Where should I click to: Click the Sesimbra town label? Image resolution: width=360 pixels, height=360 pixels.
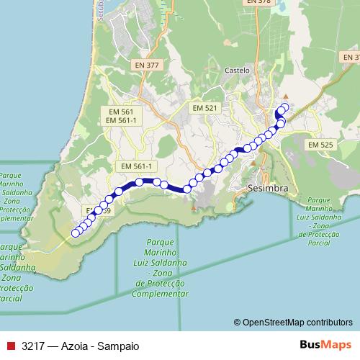(x=267, y=189)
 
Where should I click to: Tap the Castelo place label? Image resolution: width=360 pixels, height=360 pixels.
(x=237, y=71)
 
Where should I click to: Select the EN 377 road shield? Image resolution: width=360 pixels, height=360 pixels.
(x=146, y=66)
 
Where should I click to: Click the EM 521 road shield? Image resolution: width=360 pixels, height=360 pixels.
(x=205, y=107)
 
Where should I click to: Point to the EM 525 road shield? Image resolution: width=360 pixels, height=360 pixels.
(x=321, y=145)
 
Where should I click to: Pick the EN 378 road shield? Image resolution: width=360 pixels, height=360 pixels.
(x=258, y=2)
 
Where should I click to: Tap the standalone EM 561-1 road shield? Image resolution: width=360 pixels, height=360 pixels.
(x=136, y=166)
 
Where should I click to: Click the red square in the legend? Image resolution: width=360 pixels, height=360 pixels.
(x=10, y=346)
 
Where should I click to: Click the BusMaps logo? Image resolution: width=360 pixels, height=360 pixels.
(x=325, y=345)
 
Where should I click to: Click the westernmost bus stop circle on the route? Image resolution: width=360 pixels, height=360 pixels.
(x=74, y=233)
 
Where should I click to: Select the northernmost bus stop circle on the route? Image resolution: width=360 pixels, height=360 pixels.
(x=284, y=107)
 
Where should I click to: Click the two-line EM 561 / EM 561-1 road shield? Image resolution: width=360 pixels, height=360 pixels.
(x=120, y=116)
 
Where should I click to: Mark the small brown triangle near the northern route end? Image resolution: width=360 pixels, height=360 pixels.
(x=286, y=96)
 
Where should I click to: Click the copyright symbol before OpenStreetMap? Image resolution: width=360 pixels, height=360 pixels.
(x=238, y=322)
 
